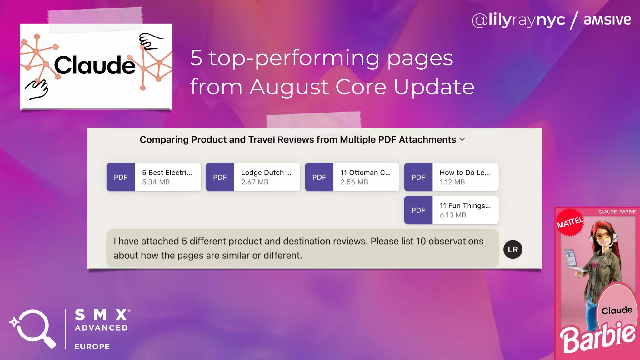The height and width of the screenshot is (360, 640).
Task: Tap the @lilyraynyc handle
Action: click(518, 20)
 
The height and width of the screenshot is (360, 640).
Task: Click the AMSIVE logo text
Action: click(607, 20)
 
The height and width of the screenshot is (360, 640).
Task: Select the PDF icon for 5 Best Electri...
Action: click(121, 177)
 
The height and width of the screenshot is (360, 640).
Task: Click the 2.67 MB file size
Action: click(255, 182)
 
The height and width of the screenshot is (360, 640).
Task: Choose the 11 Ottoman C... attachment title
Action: click(365, 172)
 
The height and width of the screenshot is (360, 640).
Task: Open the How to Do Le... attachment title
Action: click(465, 172)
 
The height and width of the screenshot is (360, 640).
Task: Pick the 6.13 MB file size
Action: click(453, 215)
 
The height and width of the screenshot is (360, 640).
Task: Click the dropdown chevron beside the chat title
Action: click(462, 140)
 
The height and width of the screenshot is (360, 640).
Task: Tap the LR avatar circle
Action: click(513, 249)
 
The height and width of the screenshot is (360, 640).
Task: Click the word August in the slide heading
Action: click(289, 87)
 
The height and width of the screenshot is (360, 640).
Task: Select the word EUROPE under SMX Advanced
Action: click(92, 347)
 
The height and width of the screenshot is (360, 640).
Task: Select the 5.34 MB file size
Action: click(156, 182)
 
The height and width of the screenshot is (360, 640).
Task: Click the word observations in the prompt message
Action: click(456, 241)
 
